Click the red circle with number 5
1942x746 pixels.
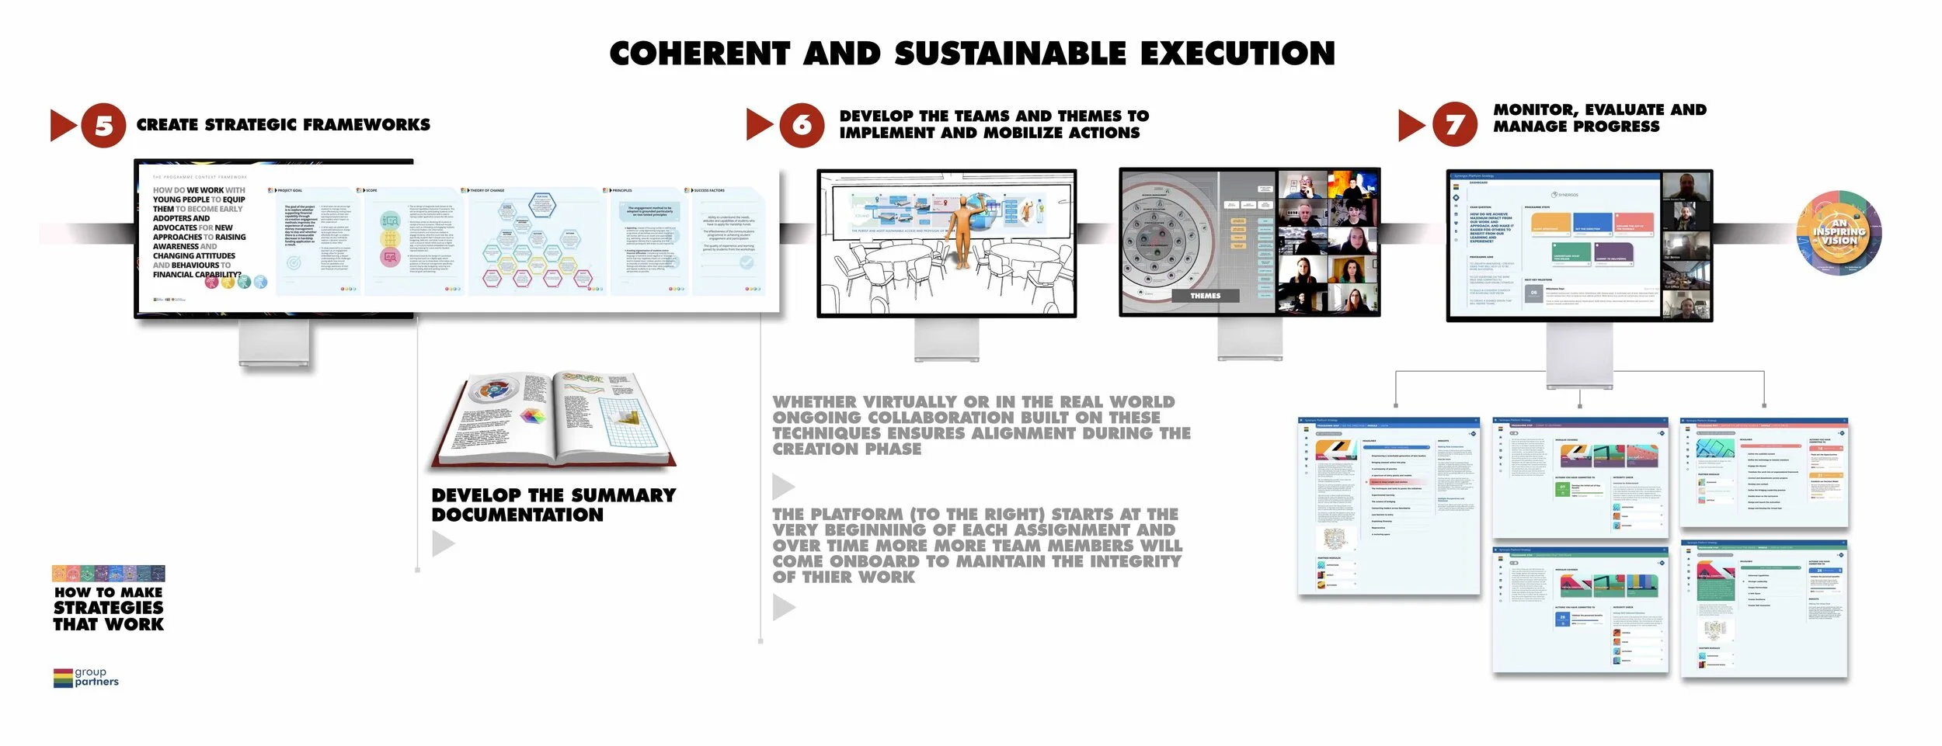[103, 125]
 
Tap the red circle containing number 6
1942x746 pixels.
[801, 125]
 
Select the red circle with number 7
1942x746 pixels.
[1454, 124]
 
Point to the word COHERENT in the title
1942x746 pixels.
[699, 54]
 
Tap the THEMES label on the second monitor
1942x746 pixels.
[1205, 296]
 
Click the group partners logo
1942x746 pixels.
[86, 677]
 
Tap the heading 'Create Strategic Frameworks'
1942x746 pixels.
[283, 125]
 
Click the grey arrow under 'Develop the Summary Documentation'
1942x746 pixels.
[443, 543]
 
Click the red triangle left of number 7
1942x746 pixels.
[1410, 125]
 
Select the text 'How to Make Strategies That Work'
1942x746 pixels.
[109, 608]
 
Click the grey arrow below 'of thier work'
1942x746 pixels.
[783, 607]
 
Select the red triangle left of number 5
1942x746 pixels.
[61, 125]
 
